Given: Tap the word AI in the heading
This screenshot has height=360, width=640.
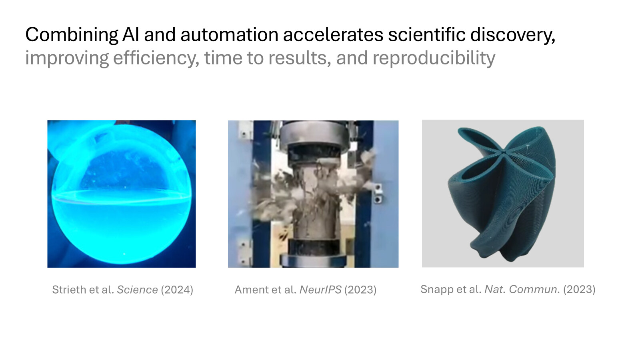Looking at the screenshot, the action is click(130, 34).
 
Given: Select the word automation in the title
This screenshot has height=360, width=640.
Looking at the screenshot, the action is click(230, 34).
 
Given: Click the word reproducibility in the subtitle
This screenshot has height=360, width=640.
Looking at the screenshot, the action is click(434, 58).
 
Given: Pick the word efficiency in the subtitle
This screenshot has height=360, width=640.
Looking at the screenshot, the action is click(156, 58).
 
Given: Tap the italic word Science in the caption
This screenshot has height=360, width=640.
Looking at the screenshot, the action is click(138, 290).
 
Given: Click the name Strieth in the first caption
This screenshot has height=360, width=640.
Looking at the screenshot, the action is click(69, 290).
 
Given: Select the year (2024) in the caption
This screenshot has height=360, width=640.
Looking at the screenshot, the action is click(177, 290).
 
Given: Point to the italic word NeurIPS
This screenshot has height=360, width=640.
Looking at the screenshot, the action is click(320, 290).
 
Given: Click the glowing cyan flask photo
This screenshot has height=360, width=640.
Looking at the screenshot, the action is click(122, 194).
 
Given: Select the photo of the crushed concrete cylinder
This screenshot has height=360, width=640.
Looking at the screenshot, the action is click(313, 194).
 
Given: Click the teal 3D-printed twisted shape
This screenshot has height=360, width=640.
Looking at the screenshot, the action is click(502, 194).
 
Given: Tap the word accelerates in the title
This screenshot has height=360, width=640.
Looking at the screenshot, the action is click(333, 34).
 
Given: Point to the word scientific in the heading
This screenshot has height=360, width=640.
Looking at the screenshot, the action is click(427, 34).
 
